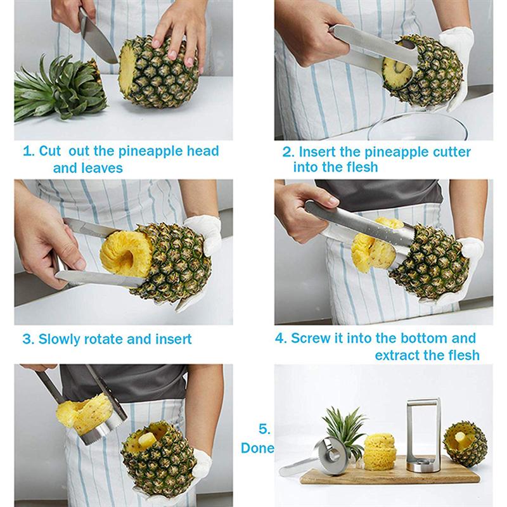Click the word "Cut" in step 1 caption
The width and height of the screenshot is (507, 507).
(50, 151)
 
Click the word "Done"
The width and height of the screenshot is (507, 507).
(257, 448)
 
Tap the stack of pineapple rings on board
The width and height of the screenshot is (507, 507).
(379, 451)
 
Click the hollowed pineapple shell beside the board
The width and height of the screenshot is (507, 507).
(465, 444)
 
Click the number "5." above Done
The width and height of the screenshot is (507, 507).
(264, 429)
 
